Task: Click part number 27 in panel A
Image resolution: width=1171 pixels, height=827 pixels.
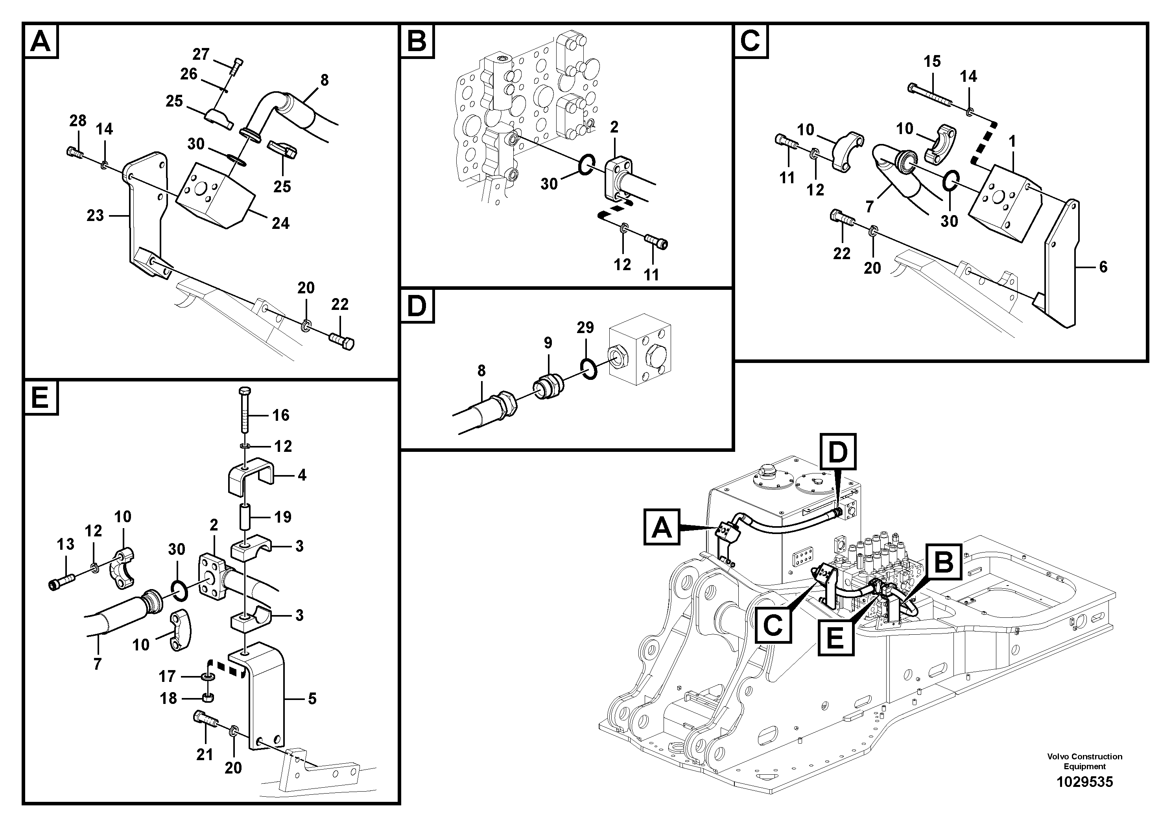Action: pos(201,54)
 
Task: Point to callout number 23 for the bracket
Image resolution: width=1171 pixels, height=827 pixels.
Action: pos(95,215)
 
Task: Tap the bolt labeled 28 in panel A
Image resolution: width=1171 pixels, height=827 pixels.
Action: pos(74,151)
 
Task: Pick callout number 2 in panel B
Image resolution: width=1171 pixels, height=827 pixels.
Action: pos(614,127)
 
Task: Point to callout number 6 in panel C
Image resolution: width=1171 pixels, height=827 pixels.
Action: pos(1103,267)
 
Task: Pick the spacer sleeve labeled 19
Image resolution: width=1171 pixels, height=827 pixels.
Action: pos(244,517)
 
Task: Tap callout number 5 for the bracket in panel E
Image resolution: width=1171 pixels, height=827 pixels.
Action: pos(312,698)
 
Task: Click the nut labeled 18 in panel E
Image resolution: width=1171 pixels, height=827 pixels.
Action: pos(208,697)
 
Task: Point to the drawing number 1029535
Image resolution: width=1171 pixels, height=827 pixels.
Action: pos(1084,782)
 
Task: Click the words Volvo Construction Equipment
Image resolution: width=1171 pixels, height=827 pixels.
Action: pos(1084,761)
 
